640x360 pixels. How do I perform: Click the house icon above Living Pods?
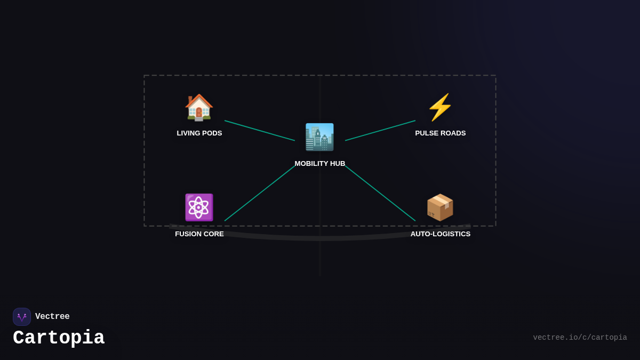coord(199,107)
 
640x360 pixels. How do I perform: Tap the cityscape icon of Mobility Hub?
coord(319,137)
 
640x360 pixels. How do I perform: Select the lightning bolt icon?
coord(440,107)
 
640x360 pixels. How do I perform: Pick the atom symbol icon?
coord(199,207)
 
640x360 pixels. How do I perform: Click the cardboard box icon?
coord(440,207)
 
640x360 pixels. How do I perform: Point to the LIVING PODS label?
coord(199,133)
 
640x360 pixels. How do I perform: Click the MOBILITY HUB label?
coord(320,164)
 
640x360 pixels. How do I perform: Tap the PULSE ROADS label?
coord(441,133)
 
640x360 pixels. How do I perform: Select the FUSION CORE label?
coord(199,234)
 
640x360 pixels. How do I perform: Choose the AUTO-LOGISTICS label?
coord(441,234)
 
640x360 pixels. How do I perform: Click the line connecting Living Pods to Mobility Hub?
coord(260,131)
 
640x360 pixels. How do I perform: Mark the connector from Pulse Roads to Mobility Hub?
coord(380,131)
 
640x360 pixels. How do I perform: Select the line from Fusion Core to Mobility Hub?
coord(260,193)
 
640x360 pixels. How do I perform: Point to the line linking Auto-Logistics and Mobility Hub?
coord(380,193)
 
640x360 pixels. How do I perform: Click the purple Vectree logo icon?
coord(22,317)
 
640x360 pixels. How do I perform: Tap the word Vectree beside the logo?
coord(52,317)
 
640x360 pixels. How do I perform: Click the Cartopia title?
coord(59,338)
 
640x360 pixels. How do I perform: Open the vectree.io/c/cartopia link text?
coord(580,338)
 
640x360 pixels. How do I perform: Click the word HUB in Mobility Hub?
coord(337,164)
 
